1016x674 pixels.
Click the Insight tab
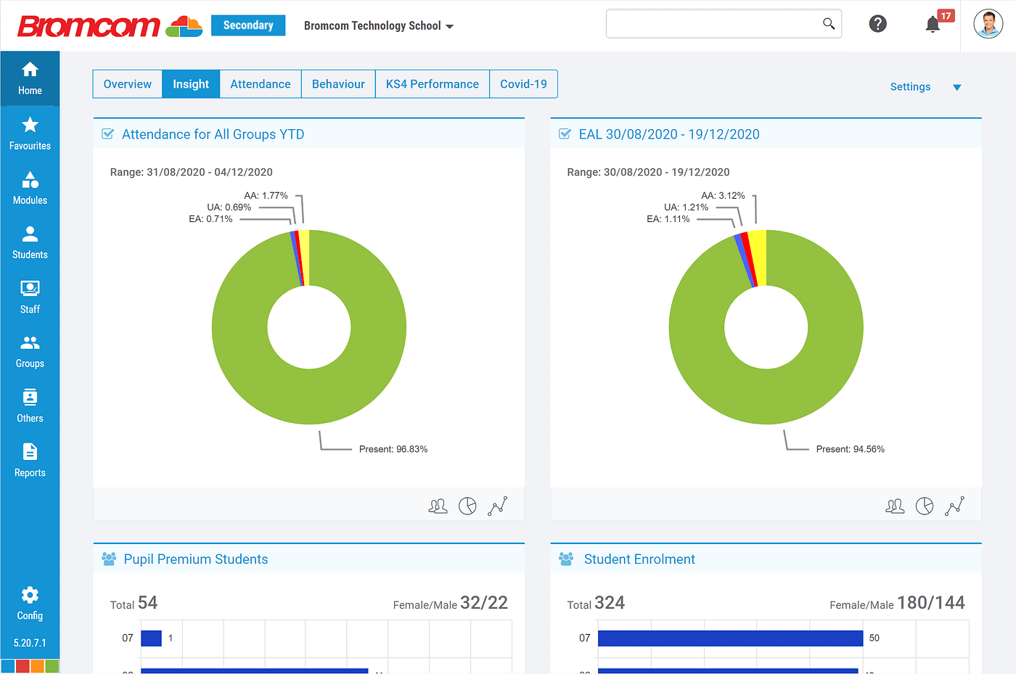tap(191, 84)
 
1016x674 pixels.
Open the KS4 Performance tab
tap(432, 84)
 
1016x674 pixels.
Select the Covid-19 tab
tap(523, 84)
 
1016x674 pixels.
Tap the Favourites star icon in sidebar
tap(30, 126)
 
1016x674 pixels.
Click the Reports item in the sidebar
tap(30, 460)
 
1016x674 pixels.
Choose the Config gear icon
tap(30, 596)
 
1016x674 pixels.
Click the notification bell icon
tap(933, 25)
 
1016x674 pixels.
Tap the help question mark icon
tap(877, 24)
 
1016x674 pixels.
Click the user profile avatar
tap(988, 24)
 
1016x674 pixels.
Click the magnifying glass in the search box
tap(828, 23)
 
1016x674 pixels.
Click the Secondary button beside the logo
tap(248, 25)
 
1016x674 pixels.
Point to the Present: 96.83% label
tap(393, 449)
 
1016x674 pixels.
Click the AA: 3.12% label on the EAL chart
tap(723, 196)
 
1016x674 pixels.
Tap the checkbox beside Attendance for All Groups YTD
tap(108, 134)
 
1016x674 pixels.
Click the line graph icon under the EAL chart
tap(954, 506)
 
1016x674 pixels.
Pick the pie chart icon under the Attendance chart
tap(467, 506)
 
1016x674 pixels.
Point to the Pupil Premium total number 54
tap(147, 603)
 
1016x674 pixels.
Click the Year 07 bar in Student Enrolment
tap(730, 638)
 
